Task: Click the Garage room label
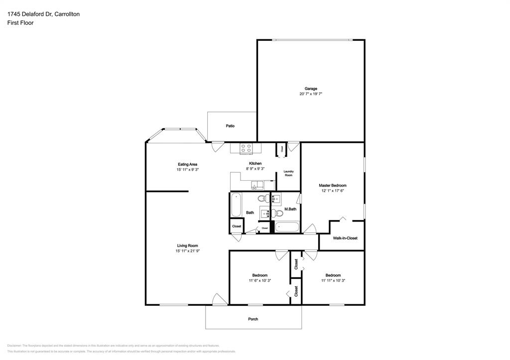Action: pos(311,89)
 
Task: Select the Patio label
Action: pos(230,126)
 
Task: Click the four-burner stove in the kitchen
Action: pos(246,148)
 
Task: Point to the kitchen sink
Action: pos(257,186)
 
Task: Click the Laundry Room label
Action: pos(288,174)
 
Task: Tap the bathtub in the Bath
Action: pos(236,205)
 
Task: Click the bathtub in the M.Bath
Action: pos(287,228)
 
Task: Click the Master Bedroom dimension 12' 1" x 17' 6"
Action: pos(333,191)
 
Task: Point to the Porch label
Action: pos(253,319)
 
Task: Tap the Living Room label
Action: pos(187,245)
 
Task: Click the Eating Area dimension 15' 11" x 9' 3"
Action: pos(187,170)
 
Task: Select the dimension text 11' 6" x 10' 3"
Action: pos(259,281)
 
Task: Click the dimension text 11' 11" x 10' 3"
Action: pos(333,281)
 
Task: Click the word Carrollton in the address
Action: pos(64,14)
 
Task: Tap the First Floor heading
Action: pos(20,23)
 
